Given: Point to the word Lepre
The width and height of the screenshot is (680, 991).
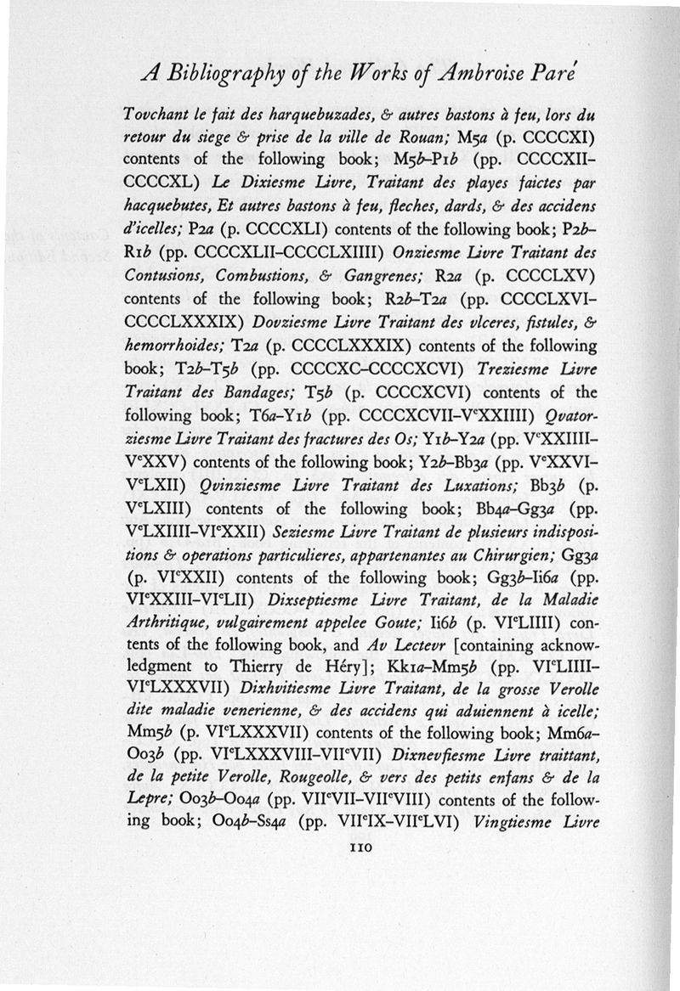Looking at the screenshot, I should [x=146, y=799].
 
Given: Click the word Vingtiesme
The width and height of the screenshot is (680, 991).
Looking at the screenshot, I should [x=513, y=822].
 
